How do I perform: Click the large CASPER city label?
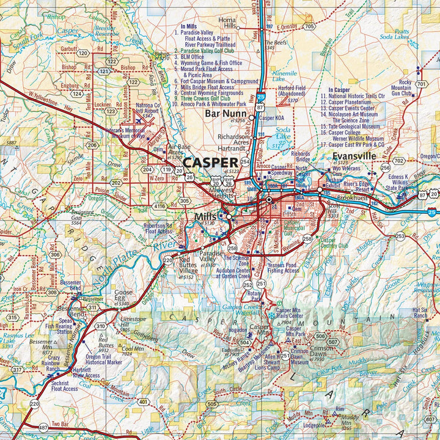pos(211,163)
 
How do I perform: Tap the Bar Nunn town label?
pos(226,114)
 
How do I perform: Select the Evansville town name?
pos(354,156)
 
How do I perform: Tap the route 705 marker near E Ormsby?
pos(309,26)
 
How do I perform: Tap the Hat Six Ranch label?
pos(420,313)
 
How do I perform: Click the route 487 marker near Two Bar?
pos(43,427)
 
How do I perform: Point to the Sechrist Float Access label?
pos(64,384)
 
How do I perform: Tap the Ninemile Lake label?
pos(285,76)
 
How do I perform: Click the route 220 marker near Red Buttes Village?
pos(167,260)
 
